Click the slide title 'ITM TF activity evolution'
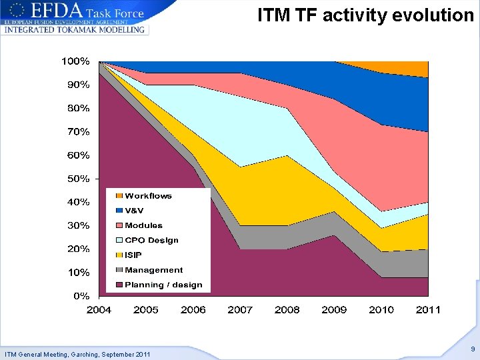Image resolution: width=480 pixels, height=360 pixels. pos(365,15)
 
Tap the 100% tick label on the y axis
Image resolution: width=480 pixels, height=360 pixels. pos(75,61)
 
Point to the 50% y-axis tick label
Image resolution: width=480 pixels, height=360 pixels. pos(78,179)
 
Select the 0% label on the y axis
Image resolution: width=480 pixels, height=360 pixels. pos(81,295)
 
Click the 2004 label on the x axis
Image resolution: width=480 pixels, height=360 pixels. pos(99,309)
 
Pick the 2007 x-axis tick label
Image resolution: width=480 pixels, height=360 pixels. pos(240,309)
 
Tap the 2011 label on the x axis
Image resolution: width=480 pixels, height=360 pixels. pos(428,309)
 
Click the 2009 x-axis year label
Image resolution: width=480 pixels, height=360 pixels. pos(334,309)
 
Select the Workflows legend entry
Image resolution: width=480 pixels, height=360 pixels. pos(148,196)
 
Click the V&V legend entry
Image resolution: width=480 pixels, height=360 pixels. pos(134,211)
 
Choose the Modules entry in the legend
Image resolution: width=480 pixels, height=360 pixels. pos(143,225)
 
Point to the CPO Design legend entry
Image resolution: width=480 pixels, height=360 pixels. pos(151,240)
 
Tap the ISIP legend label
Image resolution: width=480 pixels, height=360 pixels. pos(133,255)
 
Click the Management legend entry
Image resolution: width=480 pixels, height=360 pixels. pos(153,270)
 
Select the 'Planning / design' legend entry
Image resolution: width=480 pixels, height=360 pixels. pos(163,285)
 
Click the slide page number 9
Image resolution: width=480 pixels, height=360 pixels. pos(472,349)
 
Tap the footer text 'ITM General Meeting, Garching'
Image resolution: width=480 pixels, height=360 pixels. pos(77,353)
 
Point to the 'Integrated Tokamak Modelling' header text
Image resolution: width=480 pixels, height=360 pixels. pos(74,30)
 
